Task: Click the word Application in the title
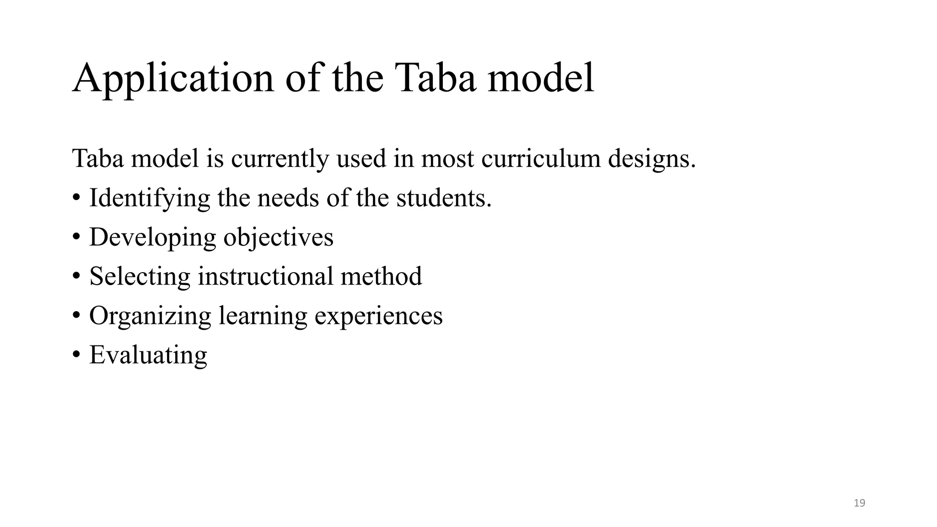pyautogui.click(x=173, y=79)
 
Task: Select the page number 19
pyautogui.click(x=859, y=503)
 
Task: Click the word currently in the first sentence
pyautogui.click(x=280, y=159)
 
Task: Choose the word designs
pyautogui.click(x=652, y=160)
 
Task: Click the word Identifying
pyautogui.click(x=149, y=199)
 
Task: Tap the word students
pyautogui.click(x=443, y=199)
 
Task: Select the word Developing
pyautogui.click(x=152, y=238)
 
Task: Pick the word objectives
pyautogui.click(x=278, y=238)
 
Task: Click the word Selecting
pyautogui.click(x=140, y=277)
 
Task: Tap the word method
pyautogui.click(x=381, y=277)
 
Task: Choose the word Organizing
pyautogui.click(x=150, y=316)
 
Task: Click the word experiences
pyautogui.click(x=378, y=316)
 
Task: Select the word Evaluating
pyautogui.click(x=148, y=355)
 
